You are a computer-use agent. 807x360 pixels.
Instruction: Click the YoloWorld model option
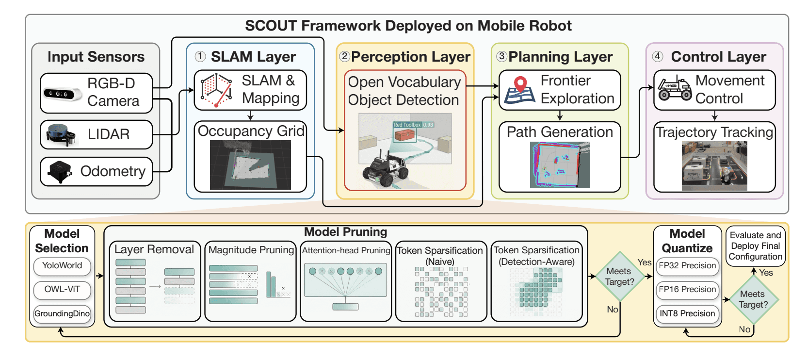pos(62,266)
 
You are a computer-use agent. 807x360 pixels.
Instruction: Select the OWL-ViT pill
pos(62,290)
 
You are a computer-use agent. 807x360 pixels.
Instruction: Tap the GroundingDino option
pos(62,313)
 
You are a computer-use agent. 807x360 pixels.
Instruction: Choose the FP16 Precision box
pos(687,290)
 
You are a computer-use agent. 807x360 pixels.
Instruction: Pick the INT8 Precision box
pos(687,313)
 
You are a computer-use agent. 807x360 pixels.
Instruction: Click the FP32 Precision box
pos(687,266)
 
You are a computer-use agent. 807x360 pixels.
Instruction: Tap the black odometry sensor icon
pos(60,172)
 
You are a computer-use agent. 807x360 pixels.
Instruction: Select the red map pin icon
pos(520,84)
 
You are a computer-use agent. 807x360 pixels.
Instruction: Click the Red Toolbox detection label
pos(413,125)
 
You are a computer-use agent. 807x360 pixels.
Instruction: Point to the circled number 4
pos(658,56)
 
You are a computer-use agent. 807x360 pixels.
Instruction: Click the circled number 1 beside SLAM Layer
pos(200,56)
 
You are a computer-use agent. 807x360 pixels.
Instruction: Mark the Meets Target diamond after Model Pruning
pos(620,277)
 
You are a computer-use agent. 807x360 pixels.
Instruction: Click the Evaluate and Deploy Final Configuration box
pos(756,246)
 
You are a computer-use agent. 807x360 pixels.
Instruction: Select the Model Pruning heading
pos(345,232)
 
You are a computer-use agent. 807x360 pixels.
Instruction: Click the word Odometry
pos(113,172)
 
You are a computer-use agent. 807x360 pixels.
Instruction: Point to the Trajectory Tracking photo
pos(714,166)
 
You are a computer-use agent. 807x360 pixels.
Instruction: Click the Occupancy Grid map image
pos(250,165)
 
